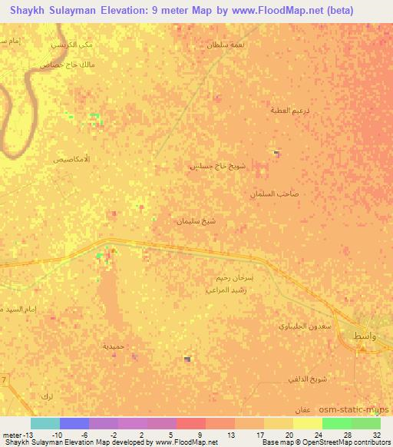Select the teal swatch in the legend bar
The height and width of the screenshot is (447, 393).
coord(45,422)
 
